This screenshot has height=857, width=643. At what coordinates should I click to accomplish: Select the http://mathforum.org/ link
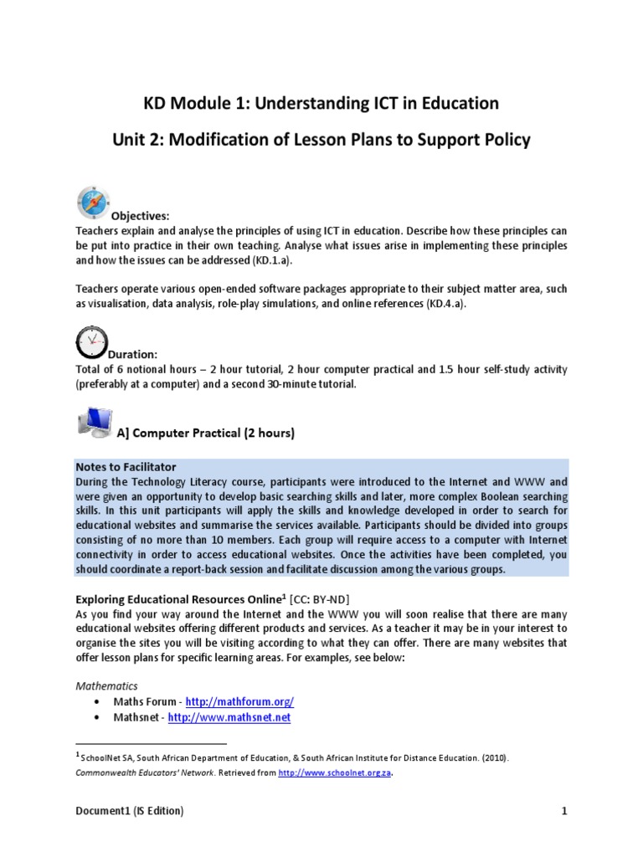tap(239, 701)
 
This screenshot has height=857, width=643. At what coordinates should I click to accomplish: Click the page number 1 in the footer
tap(564, 811)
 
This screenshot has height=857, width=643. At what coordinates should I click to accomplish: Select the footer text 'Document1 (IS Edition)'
tap(130, 811)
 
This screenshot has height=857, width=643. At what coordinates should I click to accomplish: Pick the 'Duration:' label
tap(133, 355)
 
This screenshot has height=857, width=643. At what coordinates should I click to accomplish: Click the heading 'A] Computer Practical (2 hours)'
tap(205, 434)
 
